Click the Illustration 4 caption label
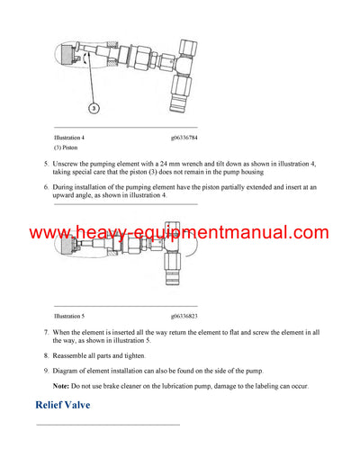point(74,137)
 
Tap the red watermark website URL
point(180,234)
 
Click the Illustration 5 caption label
point(74,317)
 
